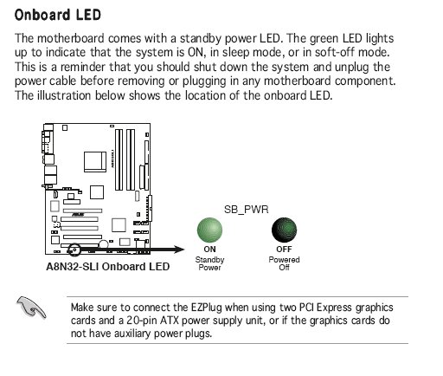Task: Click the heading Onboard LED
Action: pyautogui.click(x=58, y=15)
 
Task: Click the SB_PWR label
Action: pyautogui.click(x=246, y=209)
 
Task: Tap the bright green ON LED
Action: pyautogui.click(x=209, y=230)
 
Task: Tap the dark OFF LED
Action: pyautogui.click(x=284, y=230)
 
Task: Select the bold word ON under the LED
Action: pyautogui.click(x=209, y=249)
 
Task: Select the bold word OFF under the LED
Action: pyautogui.click(x=284, y=249)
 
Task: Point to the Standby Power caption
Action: pyautogui.click(x=209, y=263)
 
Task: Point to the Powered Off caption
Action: pyautogui.click(x=284, y=263)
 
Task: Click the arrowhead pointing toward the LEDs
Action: pyautogui.click(x=179, y=250)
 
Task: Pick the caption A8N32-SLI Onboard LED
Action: pyautogui.click(x=108, y=266)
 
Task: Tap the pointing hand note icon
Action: pyautogui.click(x=31, y=308)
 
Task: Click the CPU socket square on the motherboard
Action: pyautogui.click(x=95, y=162)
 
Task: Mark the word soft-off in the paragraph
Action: pyautogui.click(x=335, y=52)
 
